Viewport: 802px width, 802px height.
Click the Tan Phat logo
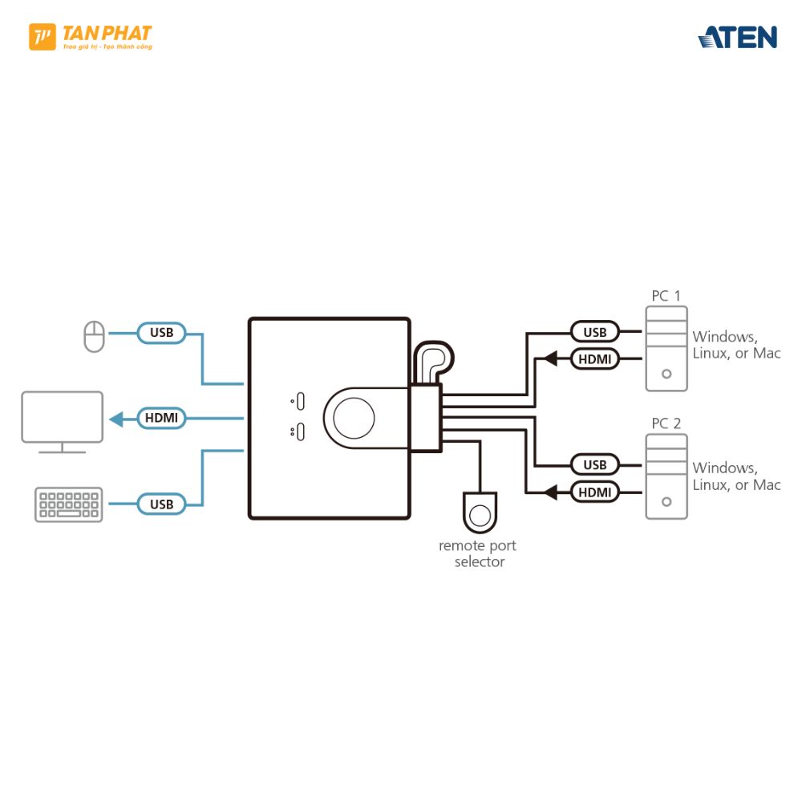tap(90, 37)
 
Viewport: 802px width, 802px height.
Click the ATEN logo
tap(738, 37)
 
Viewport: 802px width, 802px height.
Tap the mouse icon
tap(95, 336)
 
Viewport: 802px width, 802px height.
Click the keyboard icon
tap(69, 504)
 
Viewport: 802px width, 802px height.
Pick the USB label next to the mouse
tap(161, 332)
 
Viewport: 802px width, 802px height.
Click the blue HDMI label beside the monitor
tap(161, 418)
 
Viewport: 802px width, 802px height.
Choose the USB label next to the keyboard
tap(161, 504)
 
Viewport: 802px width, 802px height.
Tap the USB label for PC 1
tap(595, 332)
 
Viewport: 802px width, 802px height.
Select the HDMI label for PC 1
tap(595, 359)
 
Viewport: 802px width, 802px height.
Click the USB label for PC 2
tap(595, 464)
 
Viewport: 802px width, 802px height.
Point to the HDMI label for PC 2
tap(595, 492)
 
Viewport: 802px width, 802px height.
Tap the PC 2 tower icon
tap(666, 478)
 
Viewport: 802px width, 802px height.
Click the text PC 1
tap(666, 296)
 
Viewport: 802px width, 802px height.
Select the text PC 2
tap(666, 423)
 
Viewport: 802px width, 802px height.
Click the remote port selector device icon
tap(480, 512)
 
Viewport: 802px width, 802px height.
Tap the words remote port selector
tap(477, 553)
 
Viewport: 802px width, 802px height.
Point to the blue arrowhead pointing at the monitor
tap(117, 418)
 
